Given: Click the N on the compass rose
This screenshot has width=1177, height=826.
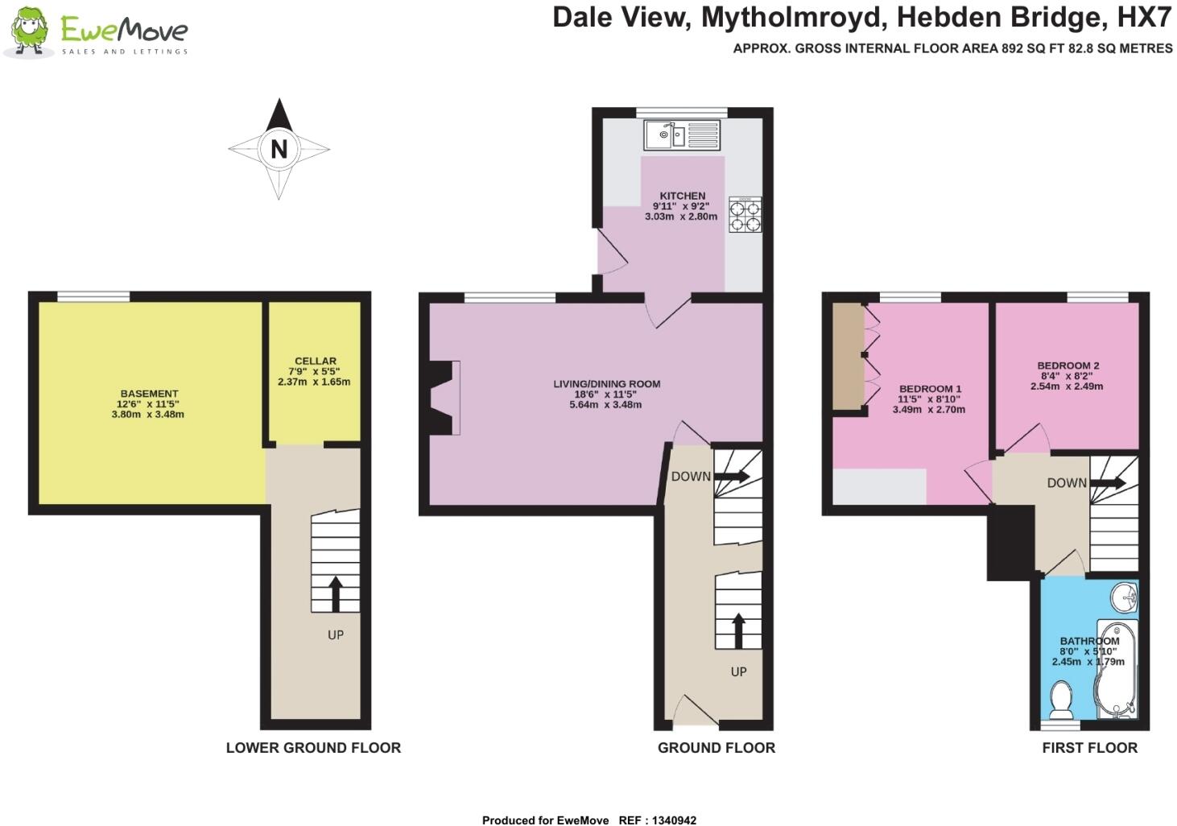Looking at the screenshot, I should tap(279, 149).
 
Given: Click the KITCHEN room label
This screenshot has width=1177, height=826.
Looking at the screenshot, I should tap(682, 196).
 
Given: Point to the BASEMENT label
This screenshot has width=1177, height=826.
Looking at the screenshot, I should tap(149, 394).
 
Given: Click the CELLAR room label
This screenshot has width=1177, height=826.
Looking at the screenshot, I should tap(315, 361).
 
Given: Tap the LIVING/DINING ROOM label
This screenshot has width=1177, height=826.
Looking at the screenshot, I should tap(606, 384).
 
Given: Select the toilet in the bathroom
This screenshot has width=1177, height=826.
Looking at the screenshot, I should tap(1061, 700).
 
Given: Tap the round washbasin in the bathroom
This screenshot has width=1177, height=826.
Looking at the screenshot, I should tap(1125, 597).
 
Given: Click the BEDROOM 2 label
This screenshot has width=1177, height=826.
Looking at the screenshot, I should tap(1068, 366).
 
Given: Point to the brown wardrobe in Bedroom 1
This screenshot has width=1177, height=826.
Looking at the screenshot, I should tap(847, 355).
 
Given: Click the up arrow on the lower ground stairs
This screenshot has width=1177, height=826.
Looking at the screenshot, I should tap(335, 593).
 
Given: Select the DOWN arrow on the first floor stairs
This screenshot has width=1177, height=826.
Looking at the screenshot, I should tap(1109, 483).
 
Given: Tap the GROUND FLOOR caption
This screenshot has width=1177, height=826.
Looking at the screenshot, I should tap(716, 748).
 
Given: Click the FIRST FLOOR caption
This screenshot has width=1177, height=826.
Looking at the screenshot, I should tap(1089, 748).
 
